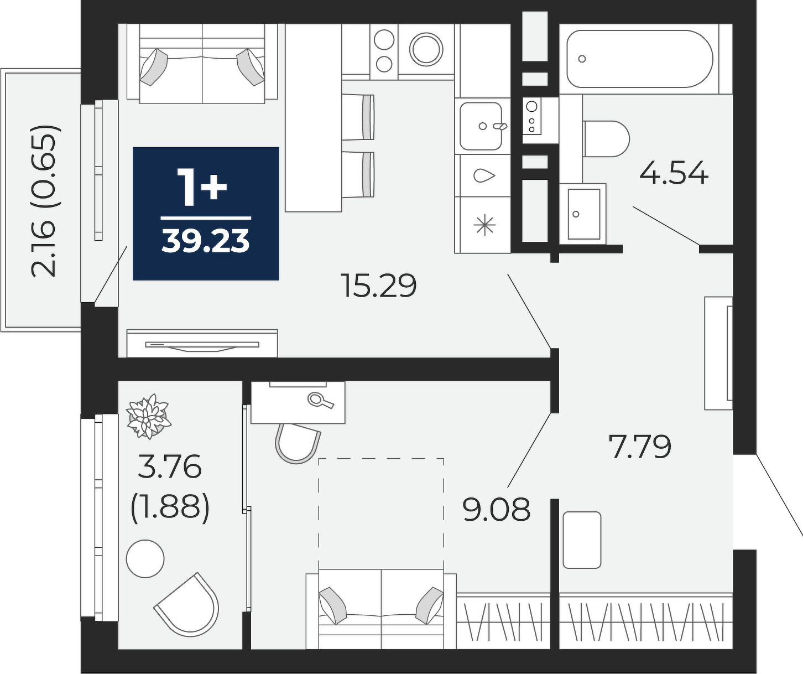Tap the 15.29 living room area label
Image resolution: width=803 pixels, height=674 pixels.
click(379, 286)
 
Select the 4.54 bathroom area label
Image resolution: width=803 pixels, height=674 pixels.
click(674, 173)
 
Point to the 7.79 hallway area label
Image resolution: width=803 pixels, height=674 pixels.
click(640, 446)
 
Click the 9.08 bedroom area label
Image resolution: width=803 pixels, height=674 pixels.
click(497, 509)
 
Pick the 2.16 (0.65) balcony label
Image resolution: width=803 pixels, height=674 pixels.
click(45, 201)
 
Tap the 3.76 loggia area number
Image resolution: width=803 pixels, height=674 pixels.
click(170, 466)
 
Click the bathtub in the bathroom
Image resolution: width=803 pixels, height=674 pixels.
click(639, 59)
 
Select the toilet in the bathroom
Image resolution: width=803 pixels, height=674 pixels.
click(606, 138)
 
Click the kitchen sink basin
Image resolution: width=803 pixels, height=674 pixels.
click(481, 126)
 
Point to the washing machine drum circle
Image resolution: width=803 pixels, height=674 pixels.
click(426, 50)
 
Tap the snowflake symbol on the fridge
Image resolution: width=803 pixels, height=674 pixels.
click(486, 225)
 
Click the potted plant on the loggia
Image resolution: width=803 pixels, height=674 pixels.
click(148, 416)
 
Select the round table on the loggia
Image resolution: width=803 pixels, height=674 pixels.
click(145, 558)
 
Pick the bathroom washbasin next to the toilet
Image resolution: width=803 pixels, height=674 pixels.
click(583, 214)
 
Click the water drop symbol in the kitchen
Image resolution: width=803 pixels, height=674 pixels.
click(484, 176)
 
